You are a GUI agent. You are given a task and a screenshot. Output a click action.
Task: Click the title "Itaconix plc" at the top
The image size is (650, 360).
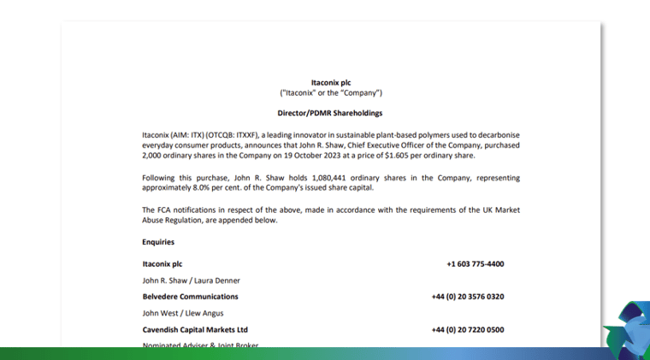[x=331, y=83]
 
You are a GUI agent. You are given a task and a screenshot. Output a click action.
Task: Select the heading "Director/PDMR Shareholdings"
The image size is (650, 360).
[x=330, y=113]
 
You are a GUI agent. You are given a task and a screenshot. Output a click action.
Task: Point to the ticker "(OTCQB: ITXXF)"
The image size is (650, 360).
[x=236, y=135]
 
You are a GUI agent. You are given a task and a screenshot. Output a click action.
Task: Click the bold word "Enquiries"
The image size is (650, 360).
[x=158, y=242]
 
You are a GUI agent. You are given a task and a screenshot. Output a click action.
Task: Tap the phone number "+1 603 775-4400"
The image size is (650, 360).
[x=475, y=264]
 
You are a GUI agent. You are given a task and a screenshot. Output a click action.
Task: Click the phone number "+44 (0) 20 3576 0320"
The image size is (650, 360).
[x=467, y=297]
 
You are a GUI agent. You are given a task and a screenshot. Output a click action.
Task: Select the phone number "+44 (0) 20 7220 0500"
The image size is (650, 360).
[x=467, y=329]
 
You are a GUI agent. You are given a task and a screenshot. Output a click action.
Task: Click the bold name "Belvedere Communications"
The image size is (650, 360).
[x=190, y=297]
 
